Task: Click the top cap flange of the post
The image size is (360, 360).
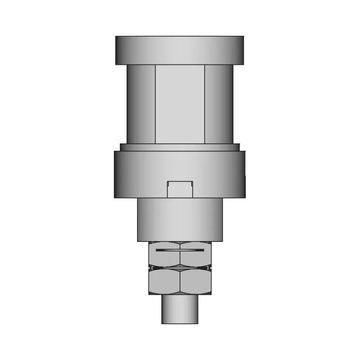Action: coord(179,49)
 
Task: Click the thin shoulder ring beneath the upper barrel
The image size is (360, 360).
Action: coord(179,147)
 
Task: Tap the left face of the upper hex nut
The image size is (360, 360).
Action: coord(164,254)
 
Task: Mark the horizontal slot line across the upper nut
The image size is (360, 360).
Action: coord(179,249)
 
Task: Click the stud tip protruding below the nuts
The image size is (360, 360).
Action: coord(179,309)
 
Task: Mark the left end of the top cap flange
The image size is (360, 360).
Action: coord(118,49)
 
